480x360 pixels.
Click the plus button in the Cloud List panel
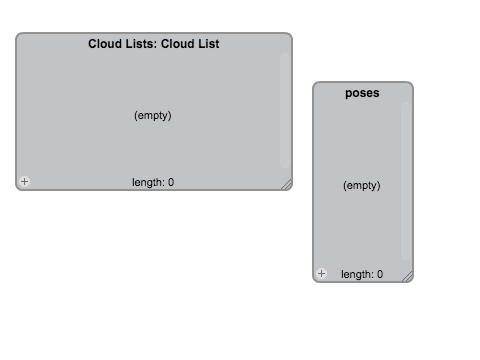click(x=24, y=181)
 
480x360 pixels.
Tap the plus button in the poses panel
click(x=322, y=274)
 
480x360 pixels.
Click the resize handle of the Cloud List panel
click(x=287, y=184)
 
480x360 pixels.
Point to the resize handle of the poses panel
click(x=407, y=276)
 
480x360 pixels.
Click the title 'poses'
click(x=362, y=93)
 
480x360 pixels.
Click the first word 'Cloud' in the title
click(x=105, y=44)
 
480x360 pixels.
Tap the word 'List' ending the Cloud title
click(x=209, y=44)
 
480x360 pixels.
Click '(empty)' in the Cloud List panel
click(x=153, y=115)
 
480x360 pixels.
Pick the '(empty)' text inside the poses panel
click(x=362, y=185)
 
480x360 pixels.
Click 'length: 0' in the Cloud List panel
click(x=153, y=182)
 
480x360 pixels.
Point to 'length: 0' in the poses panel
click(x=362, y=274)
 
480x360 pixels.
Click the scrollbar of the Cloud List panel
click(x=285, y=110)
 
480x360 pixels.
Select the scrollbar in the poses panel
click(x=406, y=181)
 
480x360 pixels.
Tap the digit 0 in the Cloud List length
click(x=171, y=182)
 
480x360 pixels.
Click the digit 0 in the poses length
click(x=380, y=274)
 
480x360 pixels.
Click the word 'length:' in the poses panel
click(x=357, y=274)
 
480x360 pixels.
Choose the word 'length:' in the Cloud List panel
click(x=148, y=182)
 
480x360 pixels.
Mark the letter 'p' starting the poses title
click(x=349, y=94)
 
